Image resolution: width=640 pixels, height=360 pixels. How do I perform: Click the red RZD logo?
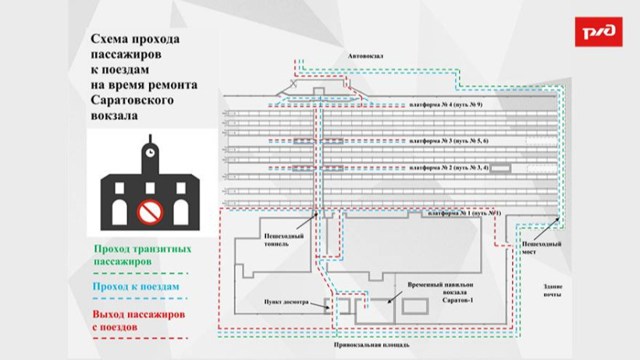(599, 31)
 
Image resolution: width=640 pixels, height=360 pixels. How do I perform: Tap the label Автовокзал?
(367, 56)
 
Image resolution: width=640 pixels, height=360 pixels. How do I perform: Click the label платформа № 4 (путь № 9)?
(446, 104)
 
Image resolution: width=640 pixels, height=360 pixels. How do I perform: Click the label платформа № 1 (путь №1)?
(460, 213)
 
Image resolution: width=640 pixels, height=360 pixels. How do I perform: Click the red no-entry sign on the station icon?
(148, 211)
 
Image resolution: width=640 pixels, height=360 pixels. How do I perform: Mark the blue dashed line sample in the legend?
(140, 299)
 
